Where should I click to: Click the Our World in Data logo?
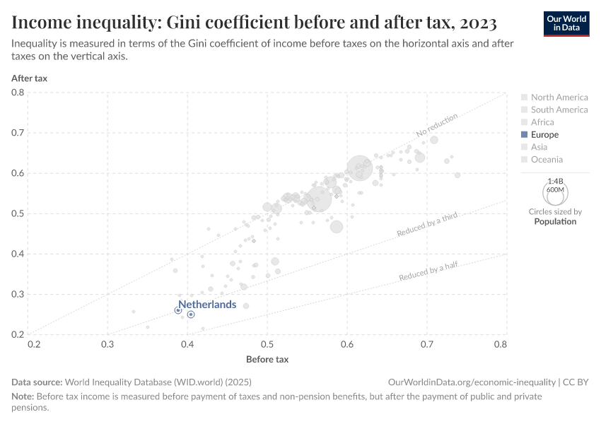coord(566,23)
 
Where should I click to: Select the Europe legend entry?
coord(544,134)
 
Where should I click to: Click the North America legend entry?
coord(559,98)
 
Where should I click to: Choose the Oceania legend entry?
coord(547,160)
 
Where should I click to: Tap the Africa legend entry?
coord(542,122)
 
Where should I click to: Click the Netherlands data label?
coord(207,305)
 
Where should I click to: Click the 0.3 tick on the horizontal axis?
coord(107,345)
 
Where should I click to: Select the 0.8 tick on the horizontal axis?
coord(500,345)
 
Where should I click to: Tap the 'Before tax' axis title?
coord(267,360)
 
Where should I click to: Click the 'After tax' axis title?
coord(29,78)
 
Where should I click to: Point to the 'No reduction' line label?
coord(437,125)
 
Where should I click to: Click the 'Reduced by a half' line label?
coord(428,270)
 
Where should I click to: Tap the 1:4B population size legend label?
coord(555,181)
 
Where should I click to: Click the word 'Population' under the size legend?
coord(555,221)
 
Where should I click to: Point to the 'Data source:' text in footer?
coord(37,382)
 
